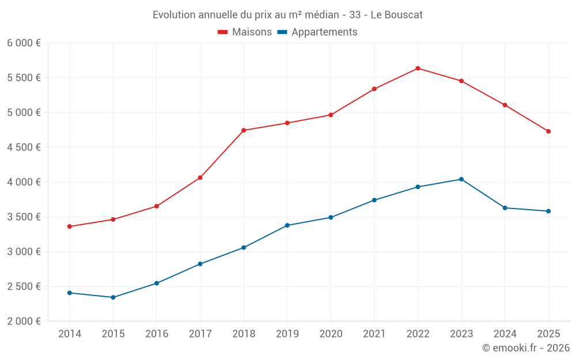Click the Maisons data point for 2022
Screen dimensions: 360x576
click(418, 68)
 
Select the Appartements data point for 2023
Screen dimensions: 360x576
click(461, 179)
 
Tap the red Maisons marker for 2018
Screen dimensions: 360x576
click(244, 130)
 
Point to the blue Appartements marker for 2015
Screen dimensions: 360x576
click(113, 297)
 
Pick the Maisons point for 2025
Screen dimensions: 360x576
click(548, 131)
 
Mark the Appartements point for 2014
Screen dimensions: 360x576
click(70, 293)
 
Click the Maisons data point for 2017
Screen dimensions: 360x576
click(200, 177)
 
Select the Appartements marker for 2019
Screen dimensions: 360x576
click(287, 225)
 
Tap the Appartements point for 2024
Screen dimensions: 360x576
click(505, 207)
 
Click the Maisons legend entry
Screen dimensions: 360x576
click(245, 32)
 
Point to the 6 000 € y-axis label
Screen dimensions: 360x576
click(24, 43)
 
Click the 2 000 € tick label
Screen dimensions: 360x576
click(24, 321)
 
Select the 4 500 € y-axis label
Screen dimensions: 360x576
click(24, 147)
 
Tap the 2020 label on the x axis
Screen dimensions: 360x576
click(331, 334)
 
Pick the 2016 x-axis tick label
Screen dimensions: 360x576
click(157, 334)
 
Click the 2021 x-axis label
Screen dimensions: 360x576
click(374, 334)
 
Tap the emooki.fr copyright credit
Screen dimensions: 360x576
click(526, 348)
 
